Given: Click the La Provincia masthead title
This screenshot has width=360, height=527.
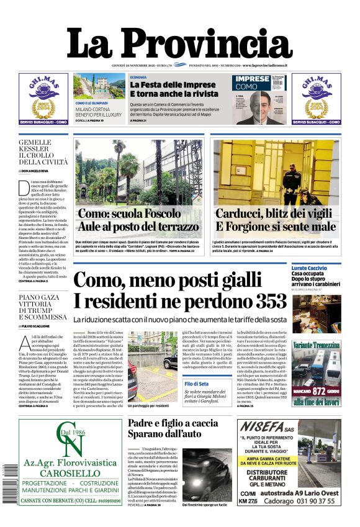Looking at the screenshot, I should coord(179,45).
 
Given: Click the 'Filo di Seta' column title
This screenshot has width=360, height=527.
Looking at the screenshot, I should coord(197,384).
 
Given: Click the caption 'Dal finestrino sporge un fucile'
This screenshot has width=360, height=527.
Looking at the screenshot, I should coord(207,505).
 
